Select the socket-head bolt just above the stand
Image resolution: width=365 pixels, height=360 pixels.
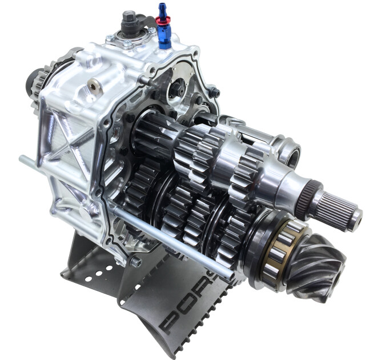135,261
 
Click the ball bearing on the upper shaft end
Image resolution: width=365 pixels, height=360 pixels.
291,154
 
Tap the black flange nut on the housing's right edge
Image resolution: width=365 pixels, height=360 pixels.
214,91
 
